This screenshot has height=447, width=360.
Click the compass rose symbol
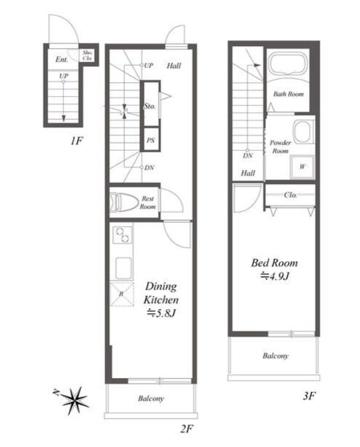point(75,400)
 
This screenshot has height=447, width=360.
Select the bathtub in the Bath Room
point(289,65)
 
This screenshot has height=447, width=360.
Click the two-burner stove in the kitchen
point(122,235)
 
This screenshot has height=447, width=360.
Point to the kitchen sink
point(124,268)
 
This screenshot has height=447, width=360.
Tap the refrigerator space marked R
point(122,294)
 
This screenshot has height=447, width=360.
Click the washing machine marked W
point(302,166)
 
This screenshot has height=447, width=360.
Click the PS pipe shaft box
point(151,140)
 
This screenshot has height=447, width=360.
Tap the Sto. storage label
point(150,107)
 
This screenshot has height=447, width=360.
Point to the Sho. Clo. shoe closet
point(87,55)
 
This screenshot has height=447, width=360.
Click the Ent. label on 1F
point(62,60)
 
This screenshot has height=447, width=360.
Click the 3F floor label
point(310,395)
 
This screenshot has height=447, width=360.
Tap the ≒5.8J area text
point(161,313)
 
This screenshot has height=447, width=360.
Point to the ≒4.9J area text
point(275,276)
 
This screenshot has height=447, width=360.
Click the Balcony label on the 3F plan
point(275,356)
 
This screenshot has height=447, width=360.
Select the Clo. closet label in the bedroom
point(290,195)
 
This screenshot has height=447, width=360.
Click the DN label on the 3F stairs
point(247,156)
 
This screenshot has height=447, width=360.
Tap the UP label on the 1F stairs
point(63,76)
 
